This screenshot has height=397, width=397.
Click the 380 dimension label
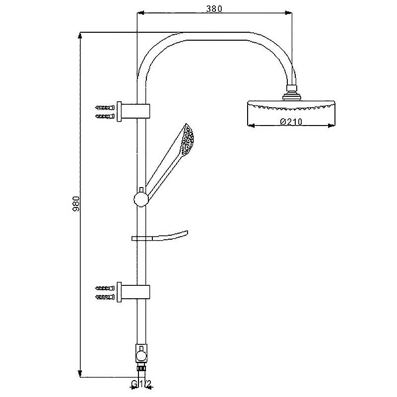pos(214,9)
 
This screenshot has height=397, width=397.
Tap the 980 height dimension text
pos(76,203)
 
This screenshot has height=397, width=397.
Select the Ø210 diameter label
pos(291,122)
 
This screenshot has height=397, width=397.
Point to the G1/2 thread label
pos(141,384)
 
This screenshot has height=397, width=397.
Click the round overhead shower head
pos(291,113)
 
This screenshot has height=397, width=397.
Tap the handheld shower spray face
pos(187,139)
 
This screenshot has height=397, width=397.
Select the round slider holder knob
pos(141,199)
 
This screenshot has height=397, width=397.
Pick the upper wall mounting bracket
pos(133,111)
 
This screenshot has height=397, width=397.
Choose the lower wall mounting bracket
pos(133,292)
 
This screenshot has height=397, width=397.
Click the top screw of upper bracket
pos(105,108)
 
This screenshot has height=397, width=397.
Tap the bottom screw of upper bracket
pos(105,116)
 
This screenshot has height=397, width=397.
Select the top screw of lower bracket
pos(105,288)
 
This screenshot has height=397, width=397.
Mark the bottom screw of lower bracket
pos(105,297)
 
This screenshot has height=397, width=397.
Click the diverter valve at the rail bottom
pos(141,354)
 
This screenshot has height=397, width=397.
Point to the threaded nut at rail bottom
pos(141,368)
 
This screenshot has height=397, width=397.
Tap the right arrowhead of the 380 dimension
pos(289,13)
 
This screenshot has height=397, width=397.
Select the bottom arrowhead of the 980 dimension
pos(80,374)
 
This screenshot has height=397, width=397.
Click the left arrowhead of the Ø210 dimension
pos(251,126)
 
